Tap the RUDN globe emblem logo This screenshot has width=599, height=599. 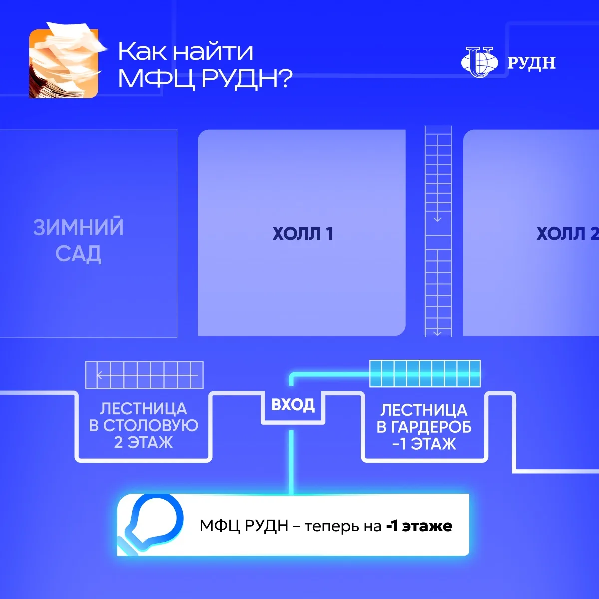tap(479, 62)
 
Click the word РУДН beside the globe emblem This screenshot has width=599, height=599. tap(531, 63)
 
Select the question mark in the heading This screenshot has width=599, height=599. tap(285, 79)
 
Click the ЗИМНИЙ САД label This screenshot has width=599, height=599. tap(79, 240)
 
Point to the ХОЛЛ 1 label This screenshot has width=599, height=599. tap(303, 234)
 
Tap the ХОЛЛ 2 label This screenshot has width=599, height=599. tap(568, 234)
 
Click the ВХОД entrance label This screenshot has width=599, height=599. tap(293, 405)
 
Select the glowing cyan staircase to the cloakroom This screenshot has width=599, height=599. tap(425, 374)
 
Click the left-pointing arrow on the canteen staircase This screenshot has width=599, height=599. tap(147, 375)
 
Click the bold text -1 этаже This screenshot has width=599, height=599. tap(419, 526)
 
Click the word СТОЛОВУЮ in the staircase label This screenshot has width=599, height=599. tap(151, 426)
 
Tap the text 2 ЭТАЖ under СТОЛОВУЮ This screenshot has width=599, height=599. tap(143, 442)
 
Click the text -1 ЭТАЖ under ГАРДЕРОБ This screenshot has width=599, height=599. tap(424, 444)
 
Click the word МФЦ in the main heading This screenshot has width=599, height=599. tap(157, 79)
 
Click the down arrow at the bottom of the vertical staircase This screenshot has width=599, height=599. tap(437, 333)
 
